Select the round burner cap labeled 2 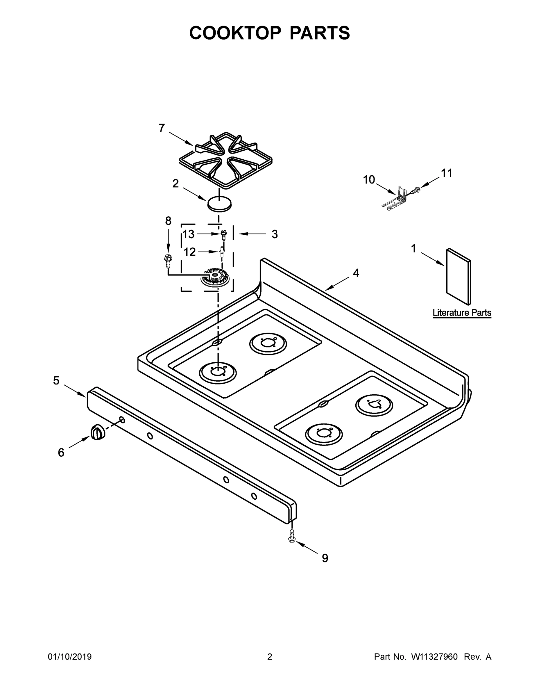(x=219, y=204)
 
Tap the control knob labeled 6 (x=97, y=433)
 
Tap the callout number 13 (x=188, y=234)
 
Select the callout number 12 (x=189, y=252)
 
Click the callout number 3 (x=274, y=234)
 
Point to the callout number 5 (x=56, y=380)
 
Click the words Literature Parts (x=462, y=313)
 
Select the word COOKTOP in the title (x=235, y=33)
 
